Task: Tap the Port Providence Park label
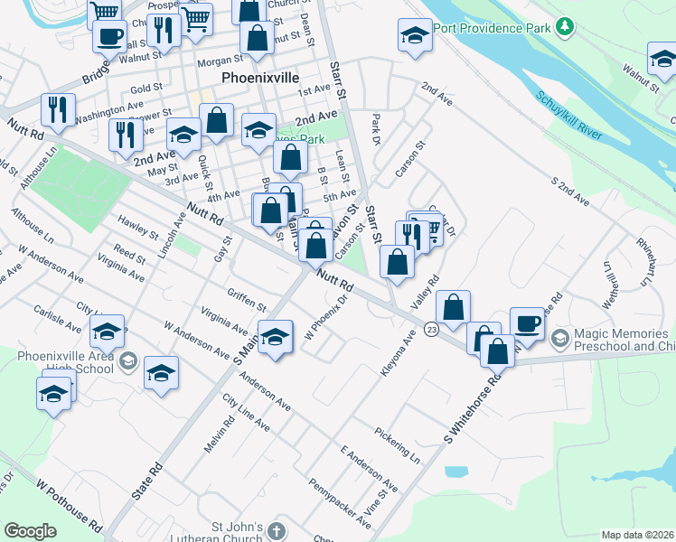492,28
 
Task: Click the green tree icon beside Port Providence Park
565,27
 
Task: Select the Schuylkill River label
568,116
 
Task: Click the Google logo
30,531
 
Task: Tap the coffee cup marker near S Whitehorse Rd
528,323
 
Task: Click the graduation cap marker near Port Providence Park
415,35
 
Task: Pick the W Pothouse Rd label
70,501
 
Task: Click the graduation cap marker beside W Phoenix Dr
276,336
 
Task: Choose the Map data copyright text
637,535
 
